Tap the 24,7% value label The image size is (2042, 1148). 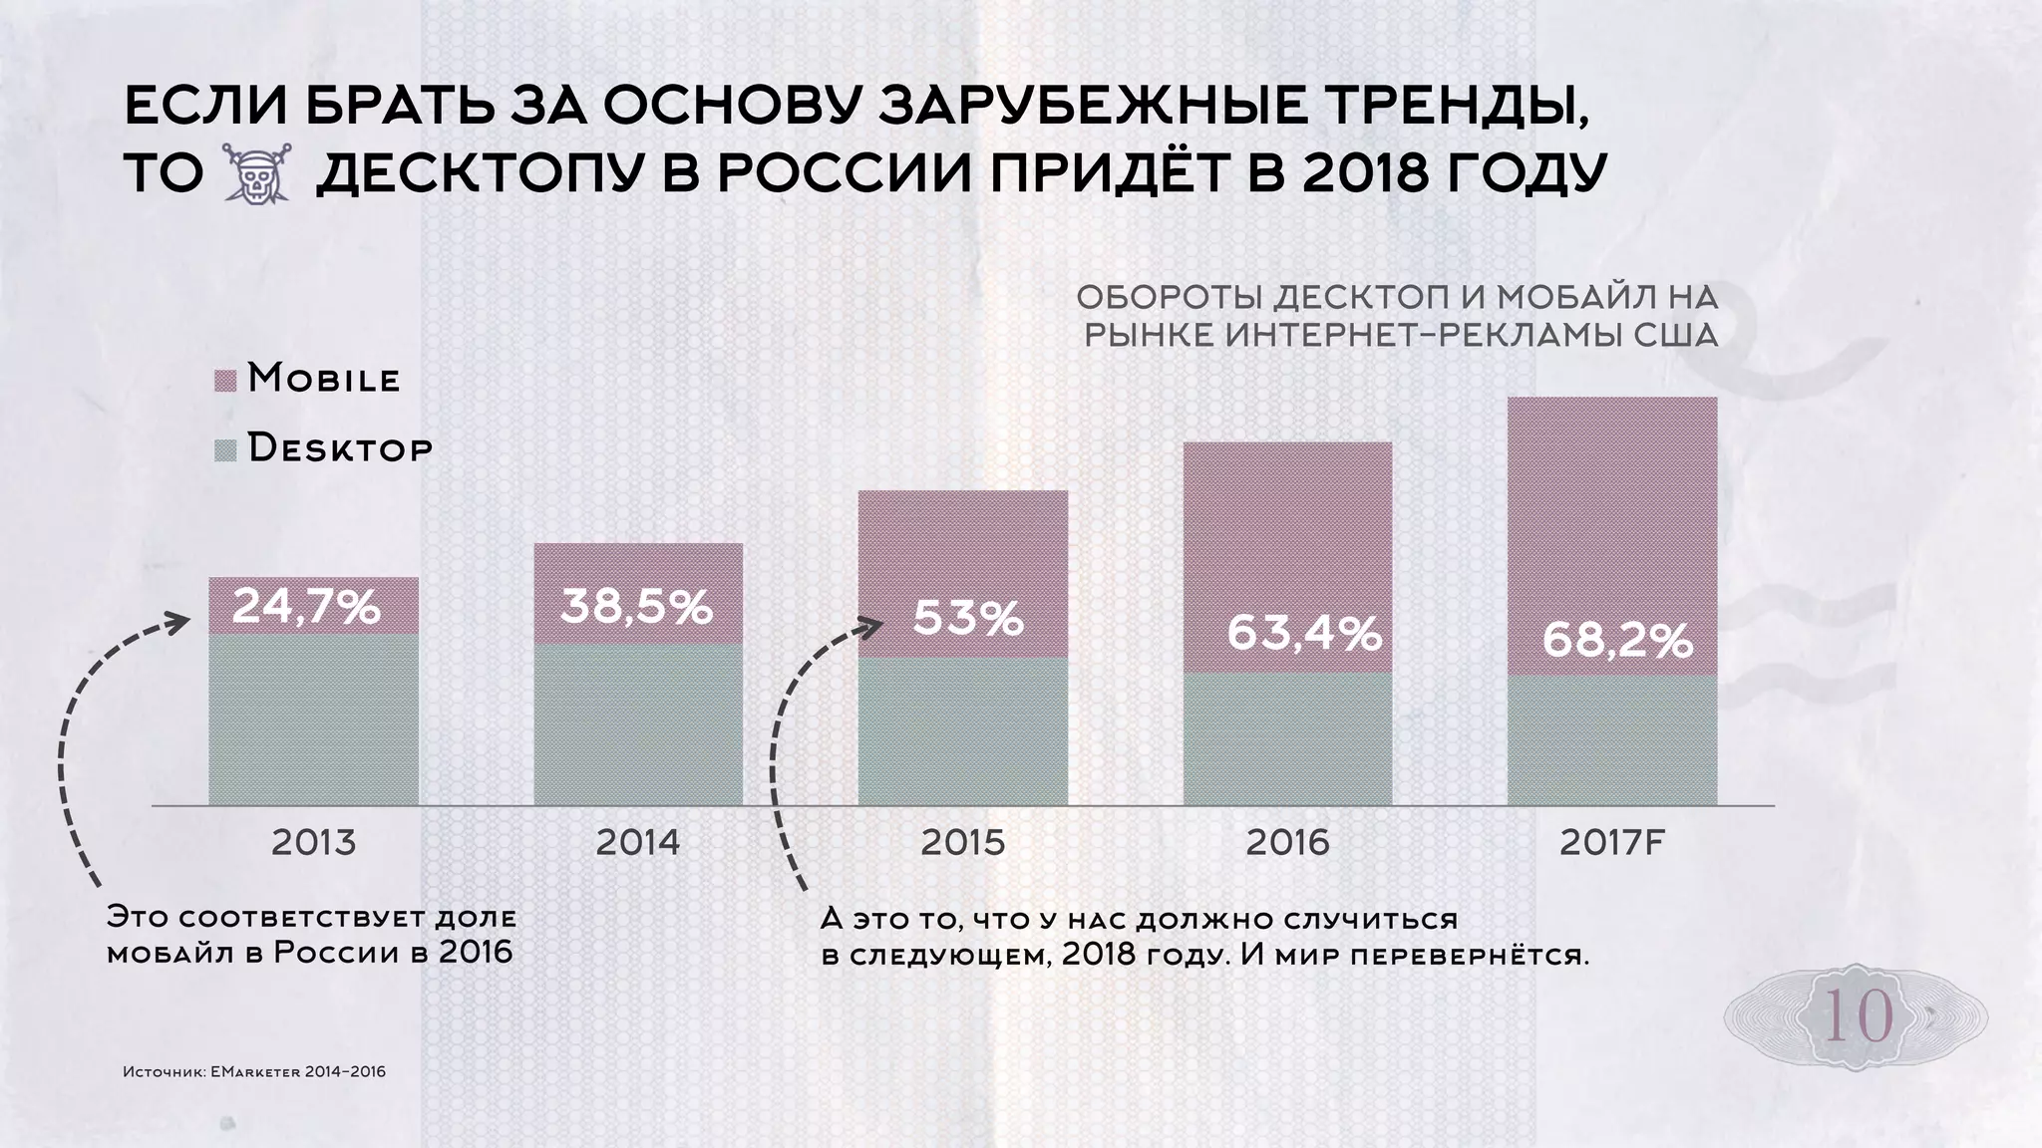(x=306, y=607)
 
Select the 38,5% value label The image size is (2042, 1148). (x=636, y=606)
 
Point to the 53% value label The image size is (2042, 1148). (x=968, y=619)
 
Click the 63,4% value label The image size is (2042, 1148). (x=1303, y=632)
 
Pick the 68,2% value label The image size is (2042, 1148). (x=1617, y=642)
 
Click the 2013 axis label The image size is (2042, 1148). (x=313, y=843)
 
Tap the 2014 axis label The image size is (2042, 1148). (x=638, y=843)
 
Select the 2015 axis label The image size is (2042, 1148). (x=963, y=843)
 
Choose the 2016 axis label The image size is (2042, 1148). (x=1287, y=843)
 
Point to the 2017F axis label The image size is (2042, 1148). (x=1612, y=843)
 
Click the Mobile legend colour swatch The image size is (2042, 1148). (x=225, y=382)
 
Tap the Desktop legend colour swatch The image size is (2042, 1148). (x=225, y=450)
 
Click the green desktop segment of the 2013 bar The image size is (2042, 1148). (x=313, y=719)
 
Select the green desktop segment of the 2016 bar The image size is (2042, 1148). (x=1287, y=739)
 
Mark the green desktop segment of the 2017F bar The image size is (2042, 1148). (x=1612, y=741)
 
